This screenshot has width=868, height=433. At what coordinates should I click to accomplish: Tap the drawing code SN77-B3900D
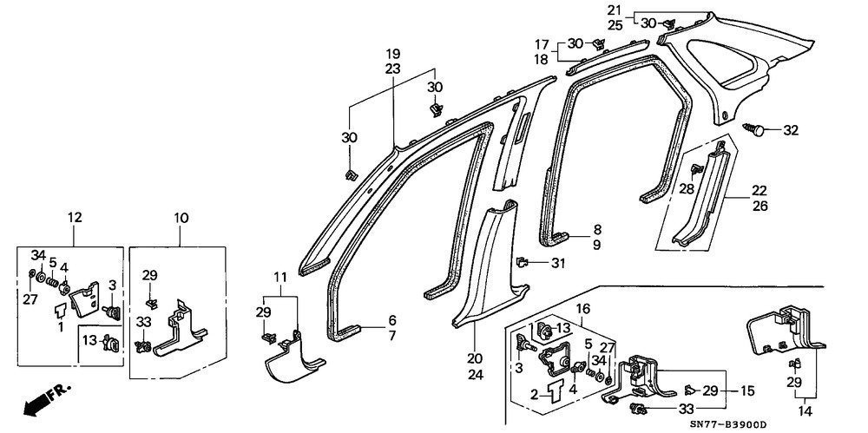click(728, 424)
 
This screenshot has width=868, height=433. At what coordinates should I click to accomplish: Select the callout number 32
click(791, 131)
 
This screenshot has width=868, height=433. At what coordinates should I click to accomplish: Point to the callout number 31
click(557, 264)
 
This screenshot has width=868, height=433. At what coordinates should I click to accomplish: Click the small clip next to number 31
click(522, 261)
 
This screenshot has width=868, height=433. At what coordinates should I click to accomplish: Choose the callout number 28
click(687, 189)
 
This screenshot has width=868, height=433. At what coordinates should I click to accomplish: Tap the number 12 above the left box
click(75, 218)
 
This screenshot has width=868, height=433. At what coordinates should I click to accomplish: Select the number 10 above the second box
click(181, 218)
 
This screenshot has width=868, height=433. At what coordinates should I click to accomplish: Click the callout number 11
click(280, 276)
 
